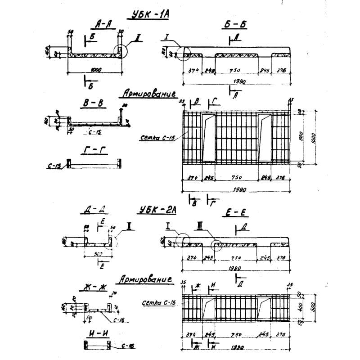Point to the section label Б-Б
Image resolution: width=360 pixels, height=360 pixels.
click(x=236, y=25)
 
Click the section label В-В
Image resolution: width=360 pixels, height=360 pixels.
click(x=94, y=103)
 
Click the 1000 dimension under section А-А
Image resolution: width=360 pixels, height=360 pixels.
click(x=95, y=70)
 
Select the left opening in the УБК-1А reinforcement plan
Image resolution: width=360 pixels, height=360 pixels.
click(x=207, y=137)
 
